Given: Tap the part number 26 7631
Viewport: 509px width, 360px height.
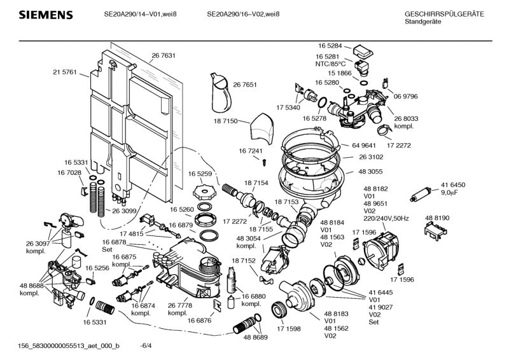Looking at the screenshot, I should coord(164,56).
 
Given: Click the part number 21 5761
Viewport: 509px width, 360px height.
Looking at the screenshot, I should coord(64,72).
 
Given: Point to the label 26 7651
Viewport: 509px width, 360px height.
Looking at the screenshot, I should coord(245,85).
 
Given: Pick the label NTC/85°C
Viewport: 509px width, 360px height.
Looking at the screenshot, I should coord(330,64).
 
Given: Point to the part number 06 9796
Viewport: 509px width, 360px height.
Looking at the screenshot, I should coord(405,96).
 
